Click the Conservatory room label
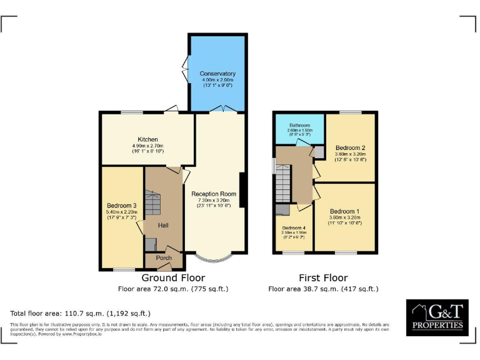[x=217, y=74]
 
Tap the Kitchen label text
[x=148, y=139]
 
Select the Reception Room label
[x=214, y=193]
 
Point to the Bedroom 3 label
[x=122, y=206]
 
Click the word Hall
[x=163, y=225]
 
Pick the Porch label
[x=164, y=257]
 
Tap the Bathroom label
[x=299, y=125]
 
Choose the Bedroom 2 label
[x=349, y=147]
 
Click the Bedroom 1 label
[x=344, y=211]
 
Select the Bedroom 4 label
[x=293, y=227]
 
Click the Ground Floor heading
[x=173, y=277]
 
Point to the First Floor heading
[x=323, y=277]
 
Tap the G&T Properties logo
[x=437, y=317]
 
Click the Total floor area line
[x=81, y=312]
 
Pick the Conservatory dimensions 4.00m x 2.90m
[x=217, y=80]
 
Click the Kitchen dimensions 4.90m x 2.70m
[x=148, y=145]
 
